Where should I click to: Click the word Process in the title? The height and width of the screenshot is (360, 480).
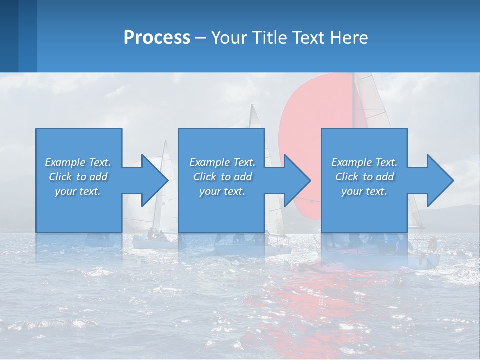(x=157, y=38)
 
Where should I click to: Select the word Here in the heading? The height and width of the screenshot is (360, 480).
(x=349, y=38)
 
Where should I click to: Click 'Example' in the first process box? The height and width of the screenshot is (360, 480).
(x=65, y=162)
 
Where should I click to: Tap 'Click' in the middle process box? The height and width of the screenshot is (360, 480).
(x=204, y=177)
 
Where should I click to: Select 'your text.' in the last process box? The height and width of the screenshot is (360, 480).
(x=364, y=191)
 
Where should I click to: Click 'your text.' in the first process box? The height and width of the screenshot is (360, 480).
(x=78, y=191)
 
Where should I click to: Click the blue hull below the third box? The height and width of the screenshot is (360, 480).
(x=380, y=257)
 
